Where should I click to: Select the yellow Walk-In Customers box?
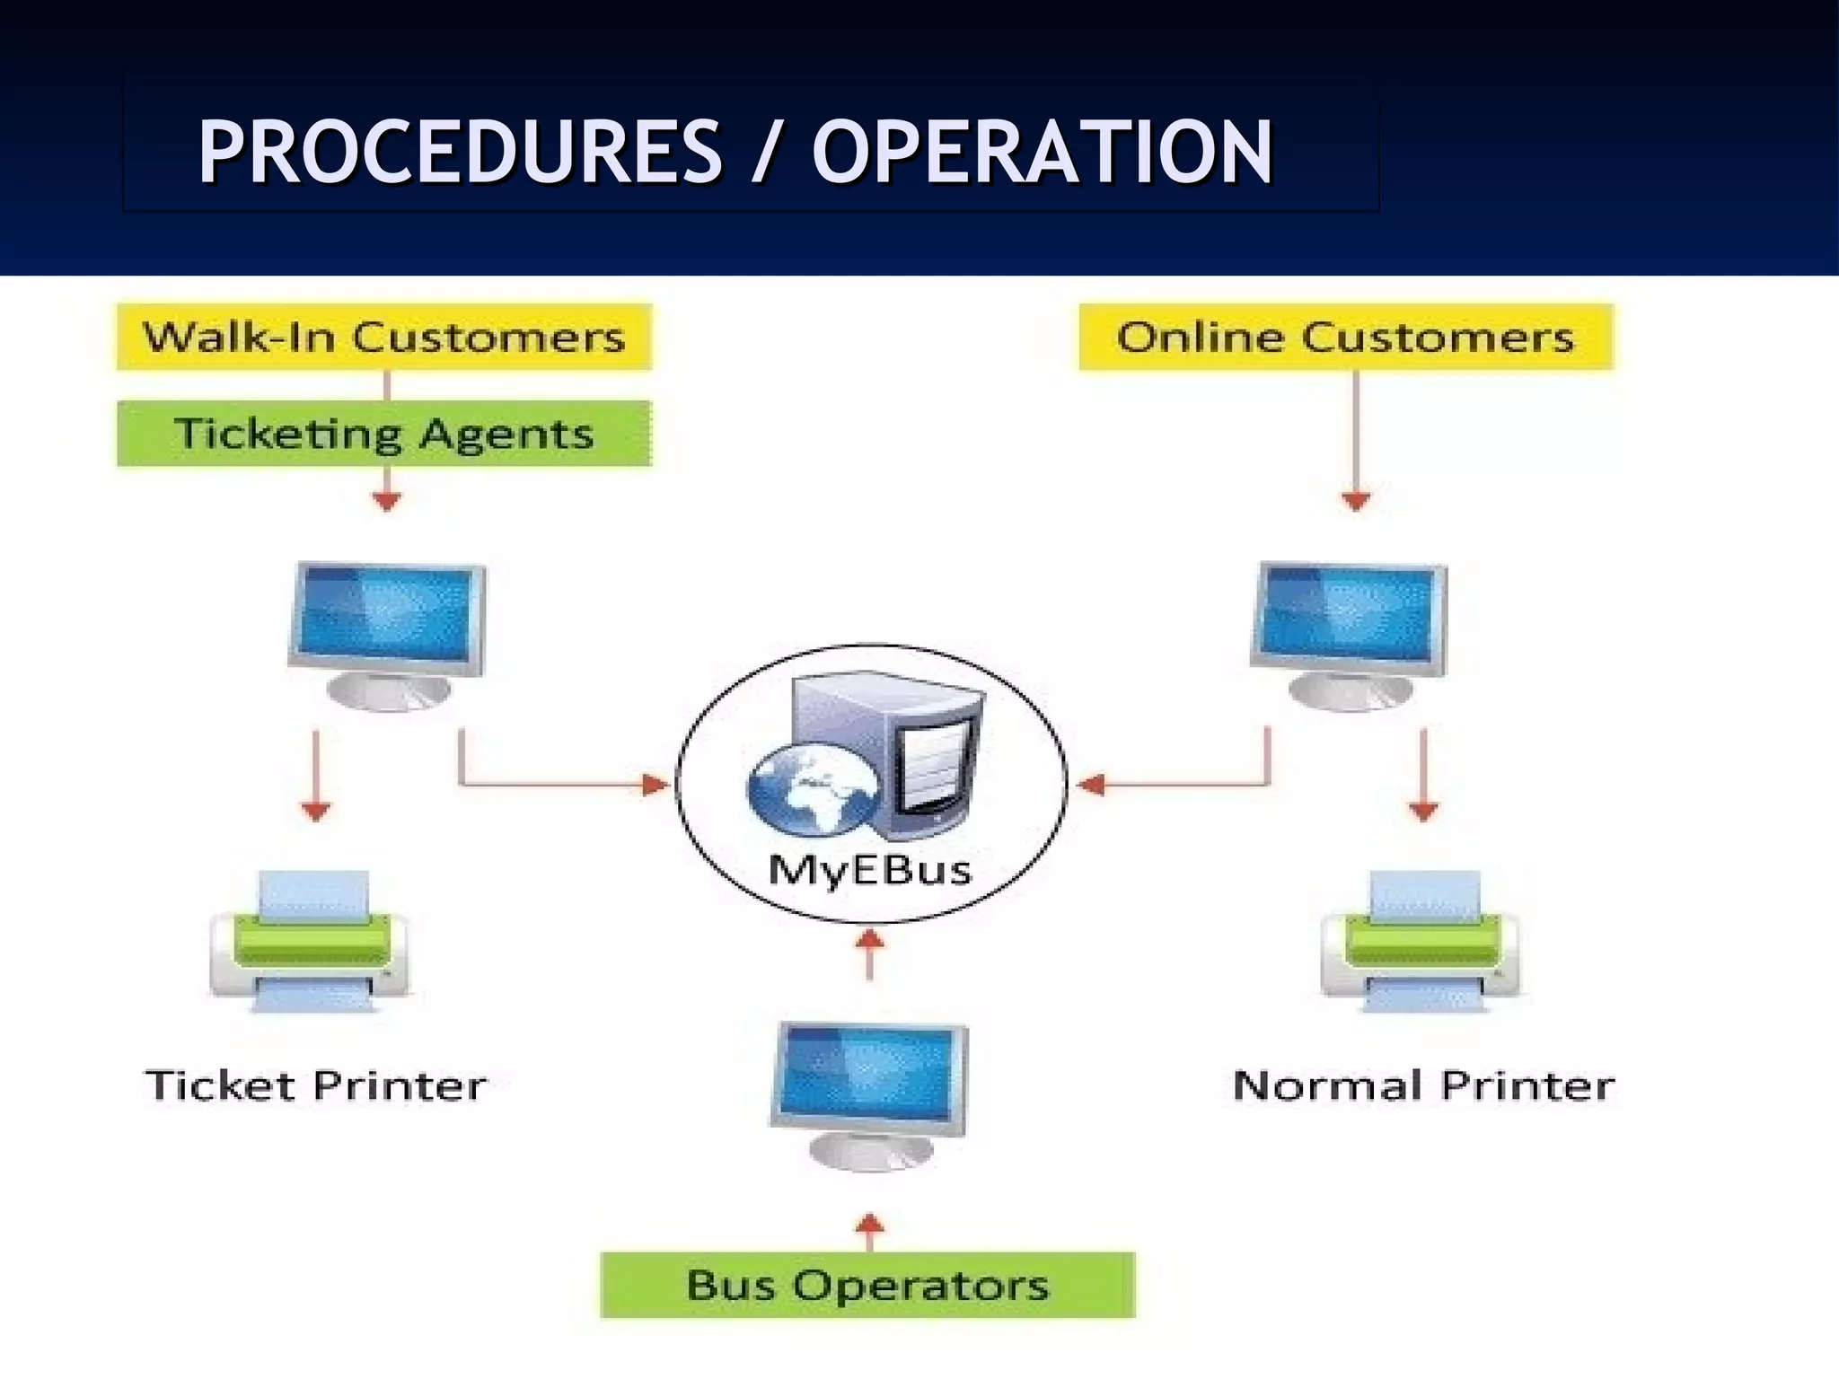coord(384,338)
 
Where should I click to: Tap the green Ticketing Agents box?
coord(384,434)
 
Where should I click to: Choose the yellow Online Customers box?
coord(1345,338)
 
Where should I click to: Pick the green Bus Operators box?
coord(867,1285)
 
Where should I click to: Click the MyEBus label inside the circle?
coord(869,869)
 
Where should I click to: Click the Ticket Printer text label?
coord(315,1085)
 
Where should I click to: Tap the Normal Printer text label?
coord(1424,1085)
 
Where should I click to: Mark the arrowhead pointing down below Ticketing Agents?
coord(386,501)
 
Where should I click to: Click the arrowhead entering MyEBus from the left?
coord(656,786)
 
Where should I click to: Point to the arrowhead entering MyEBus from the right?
coord(1090,786)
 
